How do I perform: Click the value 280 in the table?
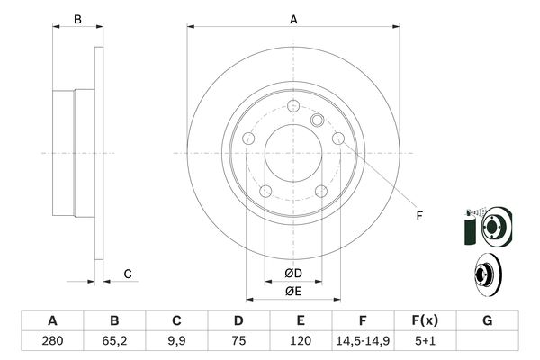pyautogui.click(x=52, y=342)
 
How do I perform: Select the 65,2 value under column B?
pyautogui.click(x=114, y=342)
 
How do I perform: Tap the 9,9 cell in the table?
pyautogui.click(x=177, y=342)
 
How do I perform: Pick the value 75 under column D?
pyautogui.click(x=238, y=342)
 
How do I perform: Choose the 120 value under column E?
pyautogui.click(x=301, y=342)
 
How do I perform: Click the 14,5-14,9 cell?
pyautogui.click(x=363, y=342)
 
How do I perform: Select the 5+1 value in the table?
pyautogui.click(x=425, y=342)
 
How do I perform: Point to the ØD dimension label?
pyautogui.click(x=292, y=274)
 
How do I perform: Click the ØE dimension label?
pyautogui.click(x=292, y=291)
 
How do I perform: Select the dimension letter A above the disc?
pyautogui.click(x=293, y=19)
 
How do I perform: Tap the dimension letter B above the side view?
pyautogui.click(x=77, y=19)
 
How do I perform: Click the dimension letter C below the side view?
pyautogui.click(x=128, y=274)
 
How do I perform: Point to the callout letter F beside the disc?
pyautogui.click(x=418, y=214)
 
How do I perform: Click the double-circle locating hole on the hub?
pyautogui.click(x=317, y=121)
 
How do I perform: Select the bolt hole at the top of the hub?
pyautogui.click(x=293, y=107)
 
